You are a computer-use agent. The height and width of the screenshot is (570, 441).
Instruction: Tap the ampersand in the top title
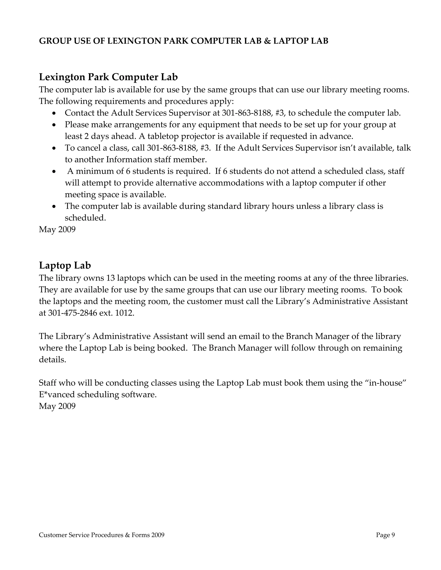click(267, 41)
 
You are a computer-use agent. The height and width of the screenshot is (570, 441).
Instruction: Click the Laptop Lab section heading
click(65, 265)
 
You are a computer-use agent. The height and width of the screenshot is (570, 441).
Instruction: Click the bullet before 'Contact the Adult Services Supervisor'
click(54, 114)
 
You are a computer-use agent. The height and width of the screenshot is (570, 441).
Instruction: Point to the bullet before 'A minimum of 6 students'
click(54, 172)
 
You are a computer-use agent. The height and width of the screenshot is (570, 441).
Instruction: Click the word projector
click(197, 136)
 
